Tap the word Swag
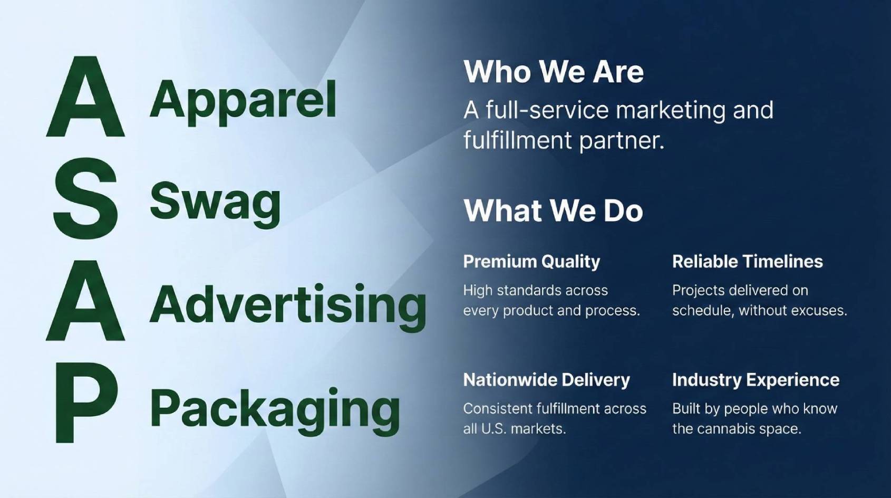tap(215, 205)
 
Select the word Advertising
tap(288, 307)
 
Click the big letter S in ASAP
tap(85, 199)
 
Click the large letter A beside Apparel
tap(85, 97)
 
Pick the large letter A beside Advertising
tap(85, 301)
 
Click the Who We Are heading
tap(553, 72)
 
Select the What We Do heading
tap(553, 210)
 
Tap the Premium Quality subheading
tap(532, 262)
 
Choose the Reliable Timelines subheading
tap(748, 262)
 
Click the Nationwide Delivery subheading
tap(547, 380)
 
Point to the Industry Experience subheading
tap(756, 380)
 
